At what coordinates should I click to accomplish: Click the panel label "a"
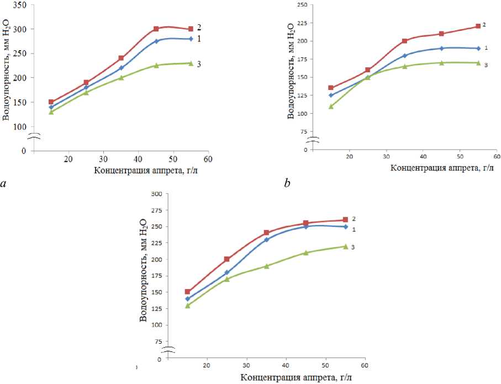click(4, 184)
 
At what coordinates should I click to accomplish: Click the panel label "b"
click(287, 183)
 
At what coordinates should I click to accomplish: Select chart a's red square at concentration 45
click(156, 29)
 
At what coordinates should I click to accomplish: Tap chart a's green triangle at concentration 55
click(191, 63)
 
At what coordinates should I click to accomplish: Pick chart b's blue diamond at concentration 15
click(331, 95)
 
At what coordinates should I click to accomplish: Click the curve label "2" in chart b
click(484, 25)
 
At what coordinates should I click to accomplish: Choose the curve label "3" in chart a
click(199, 65)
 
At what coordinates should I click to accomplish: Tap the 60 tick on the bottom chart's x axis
click(365, 366)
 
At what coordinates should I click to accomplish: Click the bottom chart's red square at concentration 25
click(227, 259)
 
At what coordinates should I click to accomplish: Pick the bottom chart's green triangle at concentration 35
click(266, 266)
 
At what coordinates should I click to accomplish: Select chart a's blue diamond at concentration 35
click(121, 68)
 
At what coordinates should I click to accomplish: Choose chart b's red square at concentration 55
click(478, 26)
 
